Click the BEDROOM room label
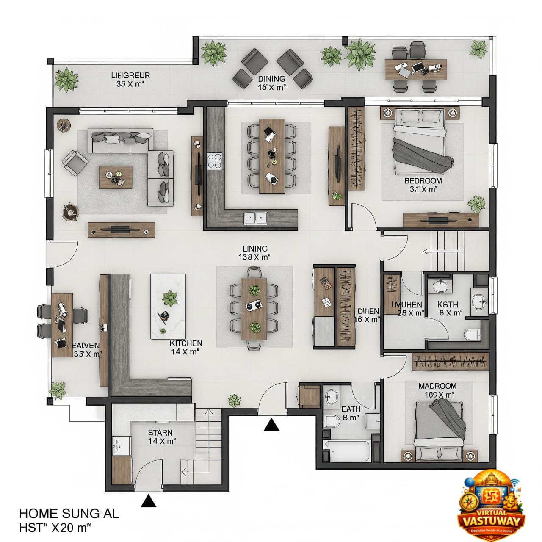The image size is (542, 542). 423,181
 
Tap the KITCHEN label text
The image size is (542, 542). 186,343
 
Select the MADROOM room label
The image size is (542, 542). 437,386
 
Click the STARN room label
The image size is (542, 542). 160,433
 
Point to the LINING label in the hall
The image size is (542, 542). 255,249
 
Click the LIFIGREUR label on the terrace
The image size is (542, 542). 130,76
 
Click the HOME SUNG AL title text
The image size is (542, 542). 69,514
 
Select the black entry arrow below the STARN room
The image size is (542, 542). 149,501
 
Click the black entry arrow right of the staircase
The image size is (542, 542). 271,424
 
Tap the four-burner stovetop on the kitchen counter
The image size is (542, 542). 215,161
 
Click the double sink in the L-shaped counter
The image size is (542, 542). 256,218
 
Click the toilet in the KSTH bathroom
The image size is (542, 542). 472,335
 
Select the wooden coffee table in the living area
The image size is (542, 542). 115,177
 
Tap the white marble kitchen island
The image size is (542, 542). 168,306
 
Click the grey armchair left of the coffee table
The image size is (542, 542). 75,163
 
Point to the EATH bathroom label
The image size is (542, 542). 351,409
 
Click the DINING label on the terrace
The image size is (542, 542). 271,79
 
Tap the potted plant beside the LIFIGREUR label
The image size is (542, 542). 66,79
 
